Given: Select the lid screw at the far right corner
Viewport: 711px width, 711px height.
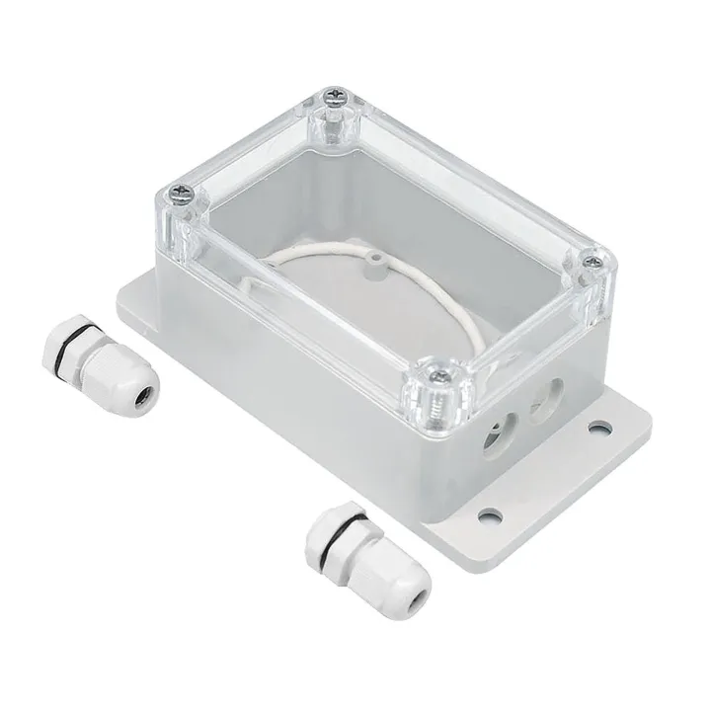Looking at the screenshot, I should [x=593, y=262].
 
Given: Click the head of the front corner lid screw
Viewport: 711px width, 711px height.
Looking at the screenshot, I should [x=434, y=373].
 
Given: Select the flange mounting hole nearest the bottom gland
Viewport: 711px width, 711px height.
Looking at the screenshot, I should [x=484, y=513].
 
